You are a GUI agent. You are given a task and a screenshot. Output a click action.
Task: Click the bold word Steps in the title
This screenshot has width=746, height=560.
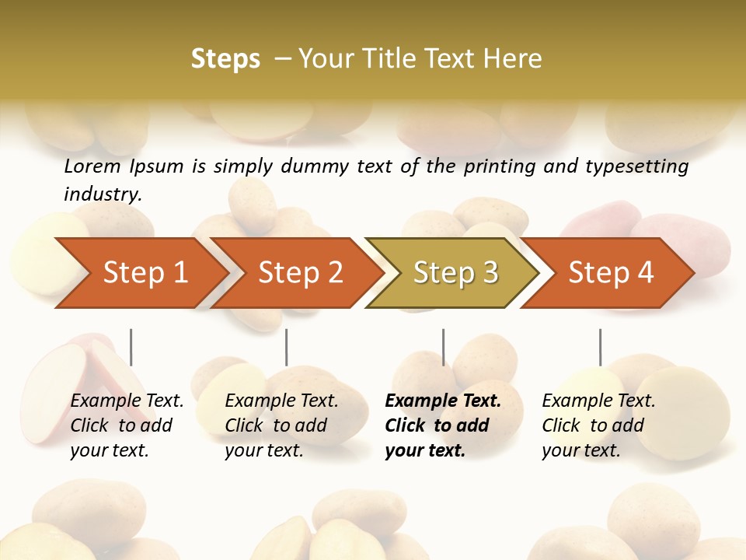click(x=225, y=59)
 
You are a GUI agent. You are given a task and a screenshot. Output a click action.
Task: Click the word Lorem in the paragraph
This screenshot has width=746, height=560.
click(x=92, y=166)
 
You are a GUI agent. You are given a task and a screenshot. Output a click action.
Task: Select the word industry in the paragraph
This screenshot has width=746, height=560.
click(x=102, y=194)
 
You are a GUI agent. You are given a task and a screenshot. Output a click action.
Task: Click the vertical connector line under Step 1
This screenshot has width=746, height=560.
click(x=131, y=347)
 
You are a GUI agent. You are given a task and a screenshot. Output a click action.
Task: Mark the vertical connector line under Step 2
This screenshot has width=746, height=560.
click(x=287, y=347)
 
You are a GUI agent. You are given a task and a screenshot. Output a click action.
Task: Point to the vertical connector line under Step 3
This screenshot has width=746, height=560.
click(x=444, y=347)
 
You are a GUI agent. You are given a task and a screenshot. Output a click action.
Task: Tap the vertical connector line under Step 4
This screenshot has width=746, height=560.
click(x=600, y=347)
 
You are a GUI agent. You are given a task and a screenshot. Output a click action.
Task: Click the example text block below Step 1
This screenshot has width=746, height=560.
click(x=127, y=425)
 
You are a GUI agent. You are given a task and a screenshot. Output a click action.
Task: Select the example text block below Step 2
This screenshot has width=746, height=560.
click(x=281, y=425)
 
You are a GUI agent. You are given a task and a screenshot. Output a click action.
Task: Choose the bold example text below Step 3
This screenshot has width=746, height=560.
click(x=443, y=425)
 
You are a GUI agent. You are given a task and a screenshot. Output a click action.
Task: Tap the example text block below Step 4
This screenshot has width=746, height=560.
click(x=598, y=425)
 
